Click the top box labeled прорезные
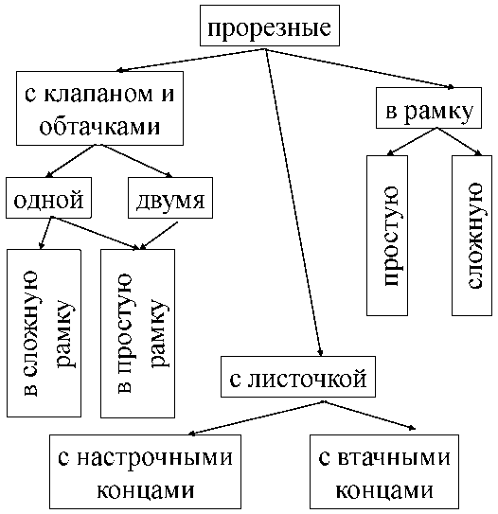(x=270, y=26)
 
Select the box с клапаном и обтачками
(x=99, y=108)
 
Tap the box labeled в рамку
(x=429, y=108)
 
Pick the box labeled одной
(x=48, y=198)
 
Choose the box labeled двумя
(x=170, y=198)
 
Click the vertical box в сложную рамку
(x=44, y=333)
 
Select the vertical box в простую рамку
(x=137, y=334)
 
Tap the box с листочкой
(x=298, y=377)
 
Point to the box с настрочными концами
(x=145, y=471)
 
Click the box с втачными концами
(x=384, y=471)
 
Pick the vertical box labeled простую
(x=387, y=236)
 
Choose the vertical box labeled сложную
(x=471, y=236)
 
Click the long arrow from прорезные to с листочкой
(x=293, y=203)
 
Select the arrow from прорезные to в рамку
(x=360, y=68)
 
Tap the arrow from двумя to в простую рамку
(x=159, y=236)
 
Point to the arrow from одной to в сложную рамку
(x=45, y=233)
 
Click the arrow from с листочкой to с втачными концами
(x=369, y=416)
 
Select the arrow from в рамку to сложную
(x=459, y=142)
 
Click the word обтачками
(x=99, y=126)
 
